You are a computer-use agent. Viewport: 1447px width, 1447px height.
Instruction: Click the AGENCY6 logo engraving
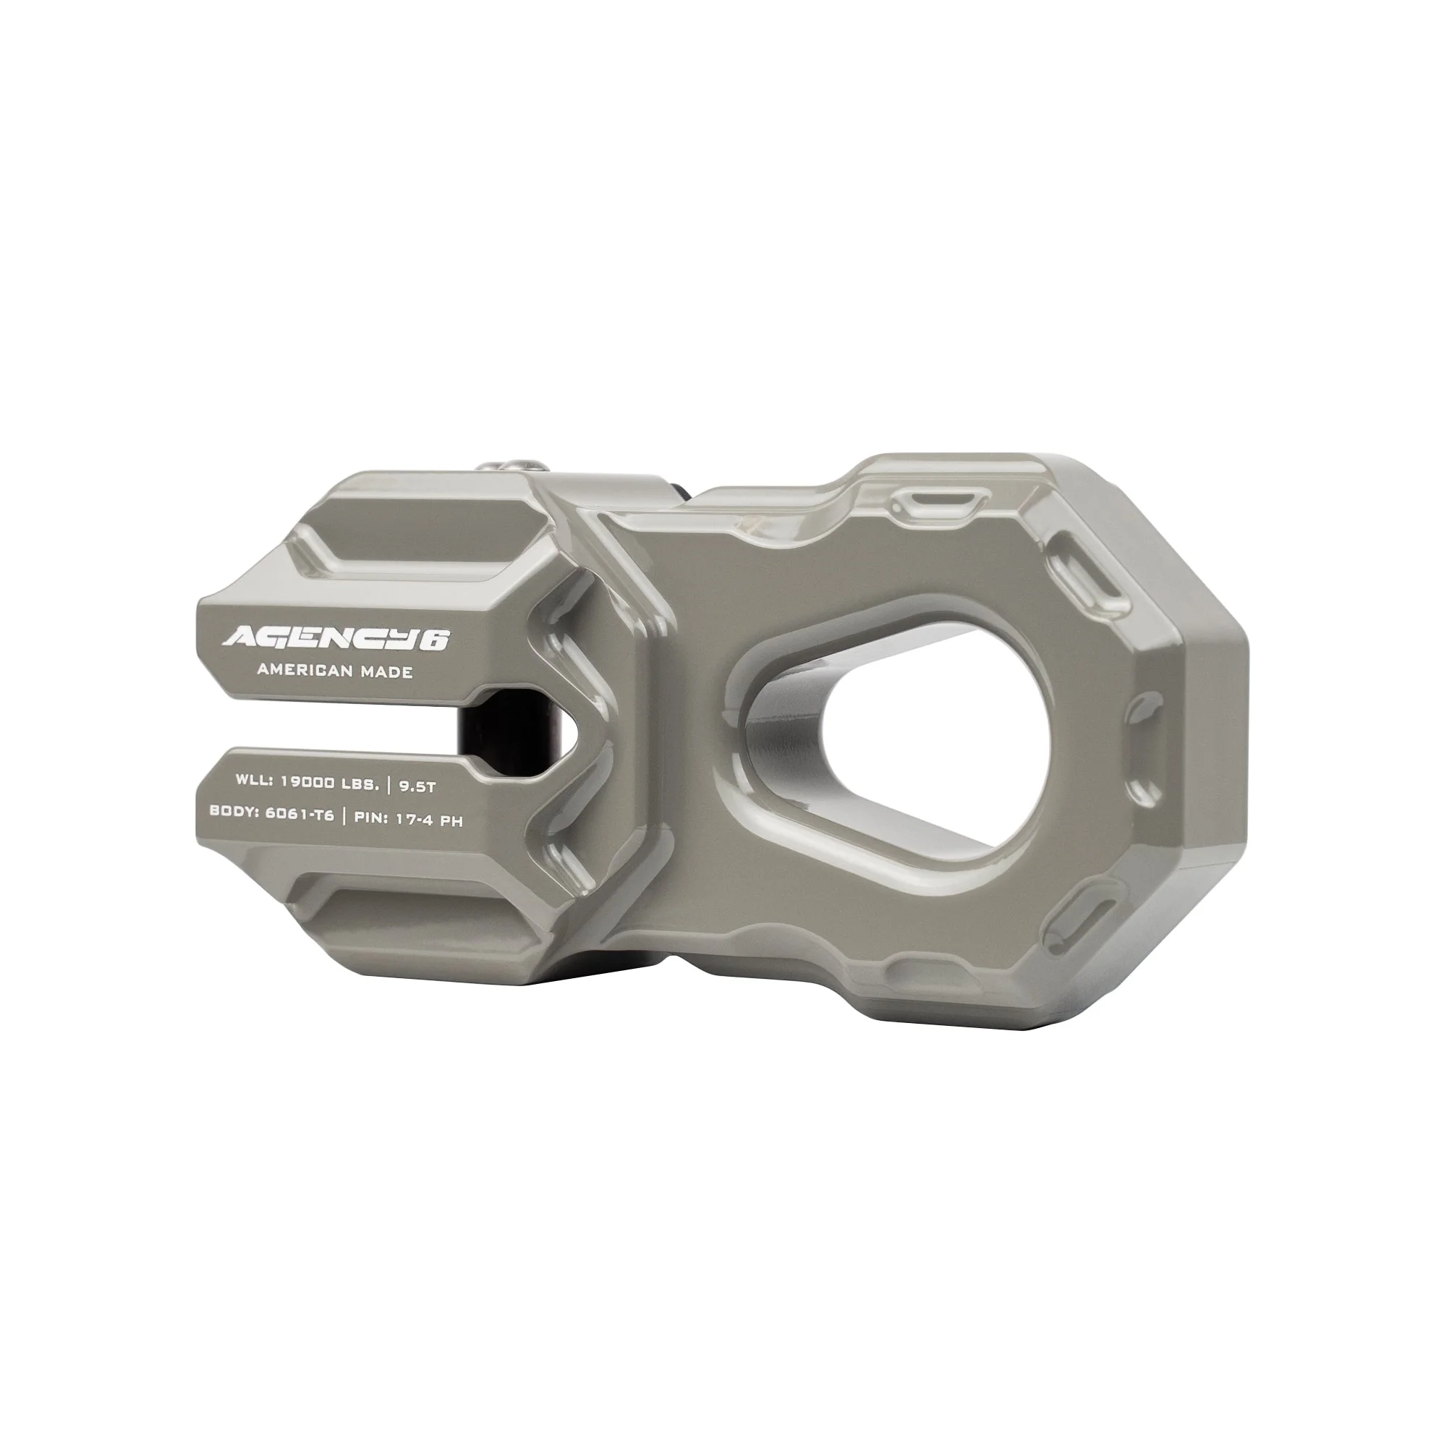(x=335, y=638)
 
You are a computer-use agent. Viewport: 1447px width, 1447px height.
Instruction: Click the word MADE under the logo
(x=386, y=672)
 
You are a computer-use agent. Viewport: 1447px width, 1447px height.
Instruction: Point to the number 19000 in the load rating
(x=306, y=781)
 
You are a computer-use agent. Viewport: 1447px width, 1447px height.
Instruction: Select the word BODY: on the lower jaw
(x=234, y=811)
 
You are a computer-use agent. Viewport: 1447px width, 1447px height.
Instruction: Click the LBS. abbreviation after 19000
(x=360, y=784)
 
